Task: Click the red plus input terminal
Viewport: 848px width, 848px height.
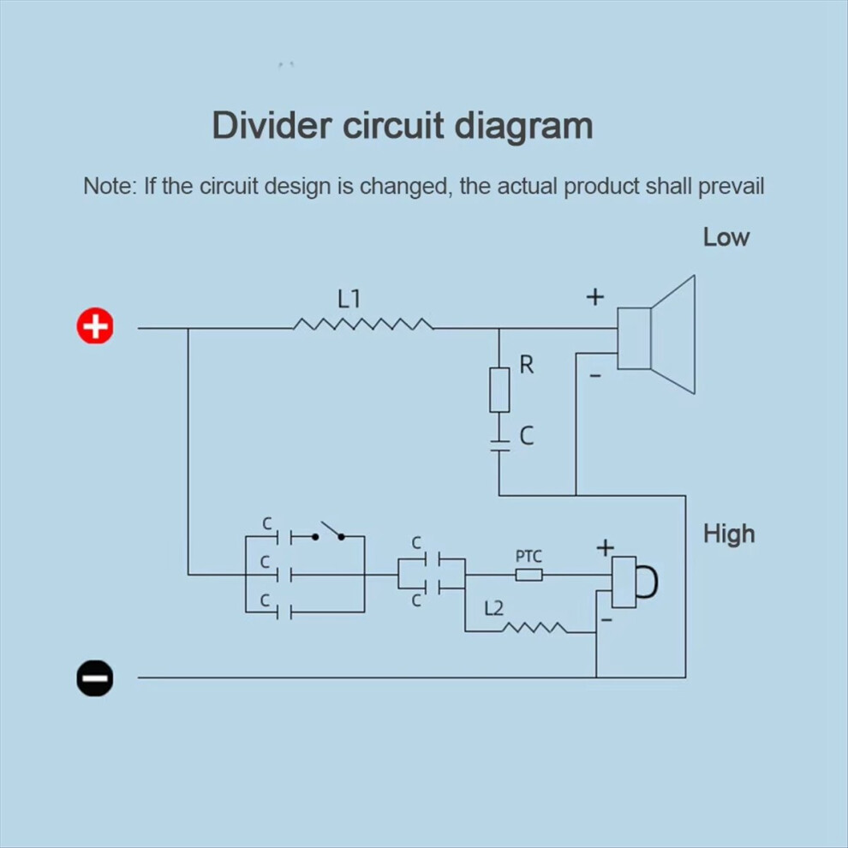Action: (95, 326)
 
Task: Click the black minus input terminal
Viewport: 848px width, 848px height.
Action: (95, 678)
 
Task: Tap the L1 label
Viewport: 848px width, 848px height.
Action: (349, 299)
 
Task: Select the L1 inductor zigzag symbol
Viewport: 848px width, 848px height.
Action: (363, 325)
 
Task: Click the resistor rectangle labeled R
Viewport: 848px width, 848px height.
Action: (499, 390)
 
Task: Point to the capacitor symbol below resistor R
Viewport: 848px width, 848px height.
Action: (499, 445)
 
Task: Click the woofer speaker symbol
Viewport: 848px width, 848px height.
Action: (656, 335)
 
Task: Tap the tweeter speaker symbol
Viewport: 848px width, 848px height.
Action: (635, 582)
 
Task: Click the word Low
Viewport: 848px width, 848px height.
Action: (726, 237)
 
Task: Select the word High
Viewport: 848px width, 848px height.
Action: (728, 534)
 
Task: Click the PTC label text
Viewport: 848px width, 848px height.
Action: (529, 557)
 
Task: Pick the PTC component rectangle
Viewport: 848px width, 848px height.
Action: (529, 575)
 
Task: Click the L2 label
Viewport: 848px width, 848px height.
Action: (493, 609)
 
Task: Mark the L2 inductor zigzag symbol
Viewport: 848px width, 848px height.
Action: (534, 628)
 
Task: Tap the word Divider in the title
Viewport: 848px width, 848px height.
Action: (272, 125)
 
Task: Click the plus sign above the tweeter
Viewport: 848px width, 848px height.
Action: (606, 548)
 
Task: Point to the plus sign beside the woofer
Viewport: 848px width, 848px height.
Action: (595, 296)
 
